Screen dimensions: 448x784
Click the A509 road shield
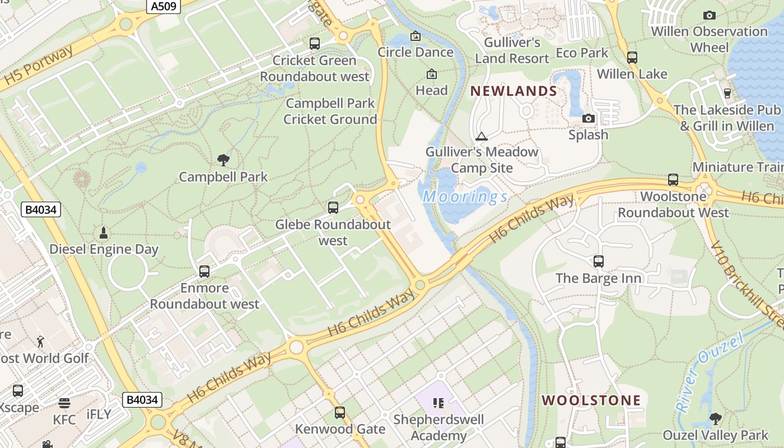click(164, 7)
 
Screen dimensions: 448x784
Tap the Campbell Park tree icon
click(223, 160)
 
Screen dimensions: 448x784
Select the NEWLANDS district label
click(514, 91)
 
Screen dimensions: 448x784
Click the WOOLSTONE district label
click(591, 400)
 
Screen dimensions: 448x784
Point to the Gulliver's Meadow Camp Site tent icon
click(481, 136)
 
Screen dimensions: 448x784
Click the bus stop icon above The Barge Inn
click(598, 262)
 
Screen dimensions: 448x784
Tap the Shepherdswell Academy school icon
click(438, 403)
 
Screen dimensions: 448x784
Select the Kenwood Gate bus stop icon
click(340, 413)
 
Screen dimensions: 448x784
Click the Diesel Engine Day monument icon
click(104, 232)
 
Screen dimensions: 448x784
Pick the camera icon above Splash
click(588, 118)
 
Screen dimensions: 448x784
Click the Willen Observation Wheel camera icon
click(709, 15)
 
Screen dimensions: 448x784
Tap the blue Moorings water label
click(465, 197)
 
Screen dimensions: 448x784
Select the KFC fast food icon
click(64, 403)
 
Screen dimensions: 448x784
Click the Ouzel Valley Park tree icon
click(715, 418)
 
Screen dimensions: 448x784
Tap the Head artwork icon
click(432, 74)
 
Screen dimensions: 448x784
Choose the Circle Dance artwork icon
click(416, 36)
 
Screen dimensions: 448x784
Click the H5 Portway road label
click(38, 67)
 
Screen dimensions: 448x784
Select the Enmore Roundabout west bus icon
click(204, 272)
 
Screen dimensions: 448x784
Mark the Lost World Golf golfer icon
click(40, 341)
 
